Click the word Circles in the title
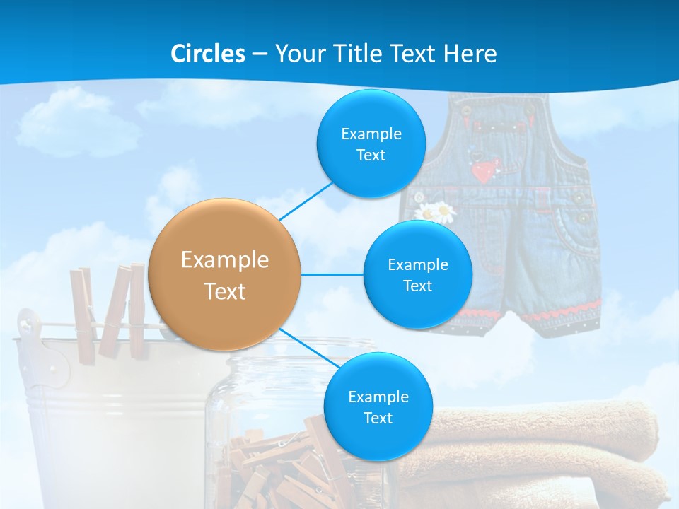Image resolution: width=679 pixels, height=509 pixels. click(208, 54)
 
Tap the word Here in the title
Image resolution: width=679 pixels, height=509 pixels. click(470, 54)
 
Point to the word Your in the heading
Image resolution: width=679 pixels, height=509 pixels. click(300, 54)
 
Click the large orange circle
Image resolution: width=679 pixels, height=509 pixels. click(225, 274)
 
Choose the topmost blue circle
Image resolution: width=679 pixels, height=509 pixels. click(371, 144)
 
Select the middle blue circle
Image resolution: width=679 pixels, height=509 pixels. click(417, 275)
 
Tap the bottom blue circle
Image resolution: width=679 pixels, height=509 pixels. click(378, 407)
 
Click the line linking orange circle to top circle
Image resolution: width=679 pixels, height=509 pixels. click(306, 202)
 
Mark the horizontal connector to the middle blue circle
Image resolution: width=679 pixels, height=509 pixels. click(332, 274)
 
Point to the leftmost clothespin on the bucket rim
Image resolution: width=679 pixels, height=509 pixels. click(83, 311)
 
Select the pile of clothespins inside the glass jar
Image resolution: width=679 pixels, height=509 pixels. click(283, 467)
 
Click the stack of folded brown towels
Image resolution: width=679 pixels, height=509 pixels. click(538, 452)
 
